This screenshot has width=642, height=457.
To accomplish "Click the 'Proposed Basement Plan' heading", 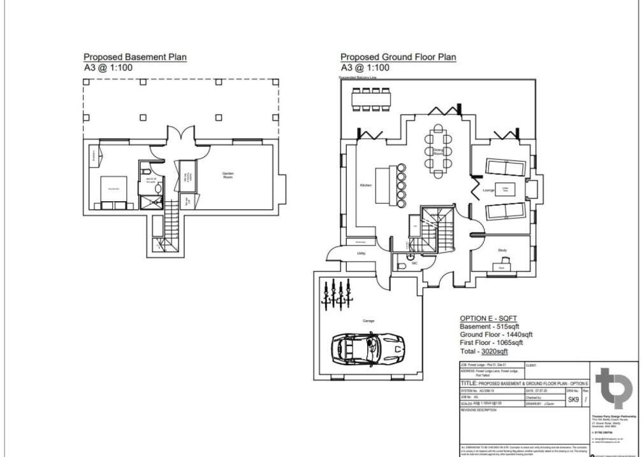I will [x=135, y=57].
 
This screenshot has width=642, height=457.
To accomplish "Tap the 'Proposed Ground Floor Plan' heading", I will [x=398, y=57].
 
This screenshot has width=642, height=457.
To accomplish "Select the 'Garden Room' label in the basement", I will [x=228, y=175].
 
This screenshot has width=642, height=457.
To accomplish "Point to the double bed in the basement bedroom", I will [x=114, y=190].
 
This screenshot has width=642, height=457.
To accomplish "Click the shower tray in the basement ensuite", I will [x=151, y=202].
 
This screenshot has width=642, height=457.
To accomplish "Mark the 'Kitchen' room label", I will [x=365, y=185].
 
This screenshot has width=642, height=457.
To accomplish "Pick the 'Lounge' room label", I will [x=489, y=190].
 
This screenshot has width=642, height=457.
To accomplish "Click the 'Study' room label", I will [x=502, y=250].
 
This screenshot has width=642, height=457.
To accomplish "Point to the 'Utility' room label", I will [x=361, y=253].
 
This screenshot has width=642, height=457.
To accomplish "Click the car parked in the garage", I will [x=367, y=348].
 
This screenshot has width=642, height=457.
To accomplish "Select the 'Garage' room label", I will [x=368, y=320].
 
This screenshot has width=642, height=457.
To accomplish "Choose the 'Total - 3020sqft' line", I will [x=483, y=351].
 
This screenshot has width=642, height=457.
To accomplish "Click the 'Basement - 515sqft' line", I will [x=485, y=327].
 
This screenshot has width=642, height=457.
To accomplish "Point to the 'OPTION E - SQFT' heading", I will [x=488, y=318].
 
